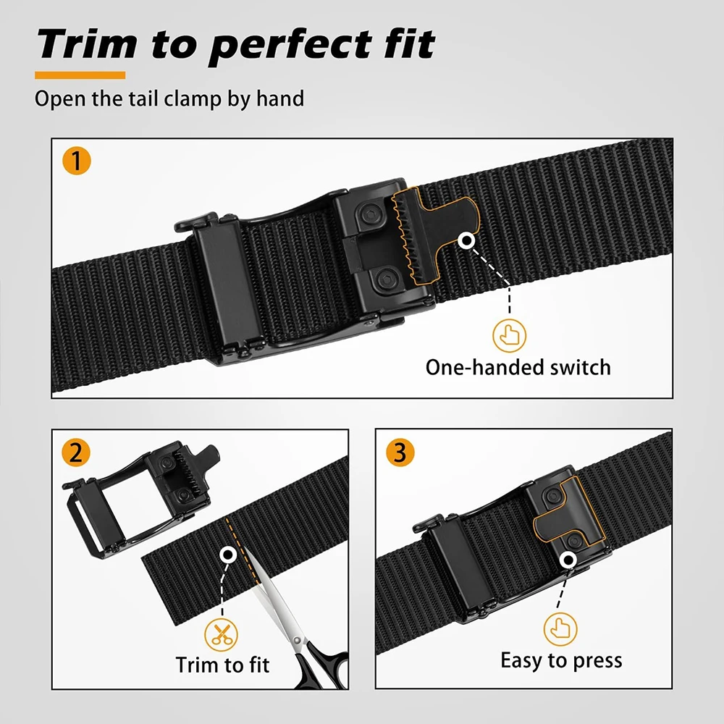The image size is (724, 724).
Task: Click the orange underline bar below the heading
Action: point(80,75)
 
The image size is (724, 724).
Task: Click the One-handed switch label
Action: point(518,367)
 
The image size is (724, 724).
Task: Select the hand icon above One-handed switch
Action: point(509,334)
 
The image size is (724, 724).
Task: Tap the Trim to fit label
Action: point(222,664)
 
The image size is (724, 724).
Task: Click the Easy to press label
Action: point(561,660)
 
